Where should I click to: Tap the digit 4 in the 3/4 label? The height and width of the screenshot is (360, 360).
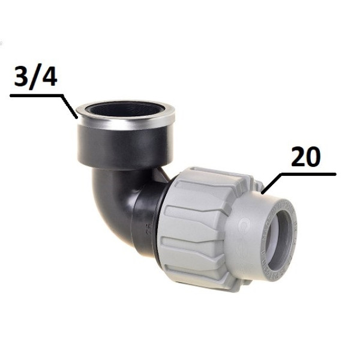(48, 76)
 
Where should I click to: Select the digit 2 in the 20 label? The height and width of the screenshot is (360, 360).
(298, 157)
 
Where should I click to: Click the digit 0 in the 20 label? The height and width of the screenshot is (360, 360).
(313, 157)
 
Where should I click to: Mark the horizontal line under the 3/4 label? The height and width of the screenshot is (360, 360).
(37, 95)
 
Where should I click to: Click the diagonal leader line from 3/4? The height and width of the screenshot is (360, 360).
(70, 107)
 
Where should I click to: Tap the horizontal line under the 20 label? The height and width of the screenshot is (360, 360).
(308, 175)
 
